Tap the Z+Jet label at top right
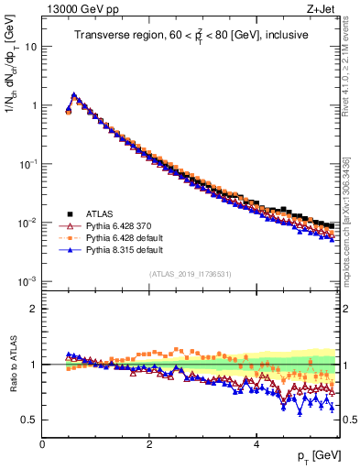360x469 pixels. tap(319, 11)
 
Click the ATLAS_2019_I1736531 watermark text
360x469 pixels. tap(191, 274)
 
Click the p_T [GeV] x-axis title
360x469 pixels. tap(317, 456)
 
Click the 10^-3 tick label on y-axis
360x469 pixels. tap(27, 280)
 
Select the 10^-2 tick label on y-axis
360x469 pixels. tap(27, 222)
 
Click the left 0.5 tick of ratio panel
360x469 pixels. tap(28, 420)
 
